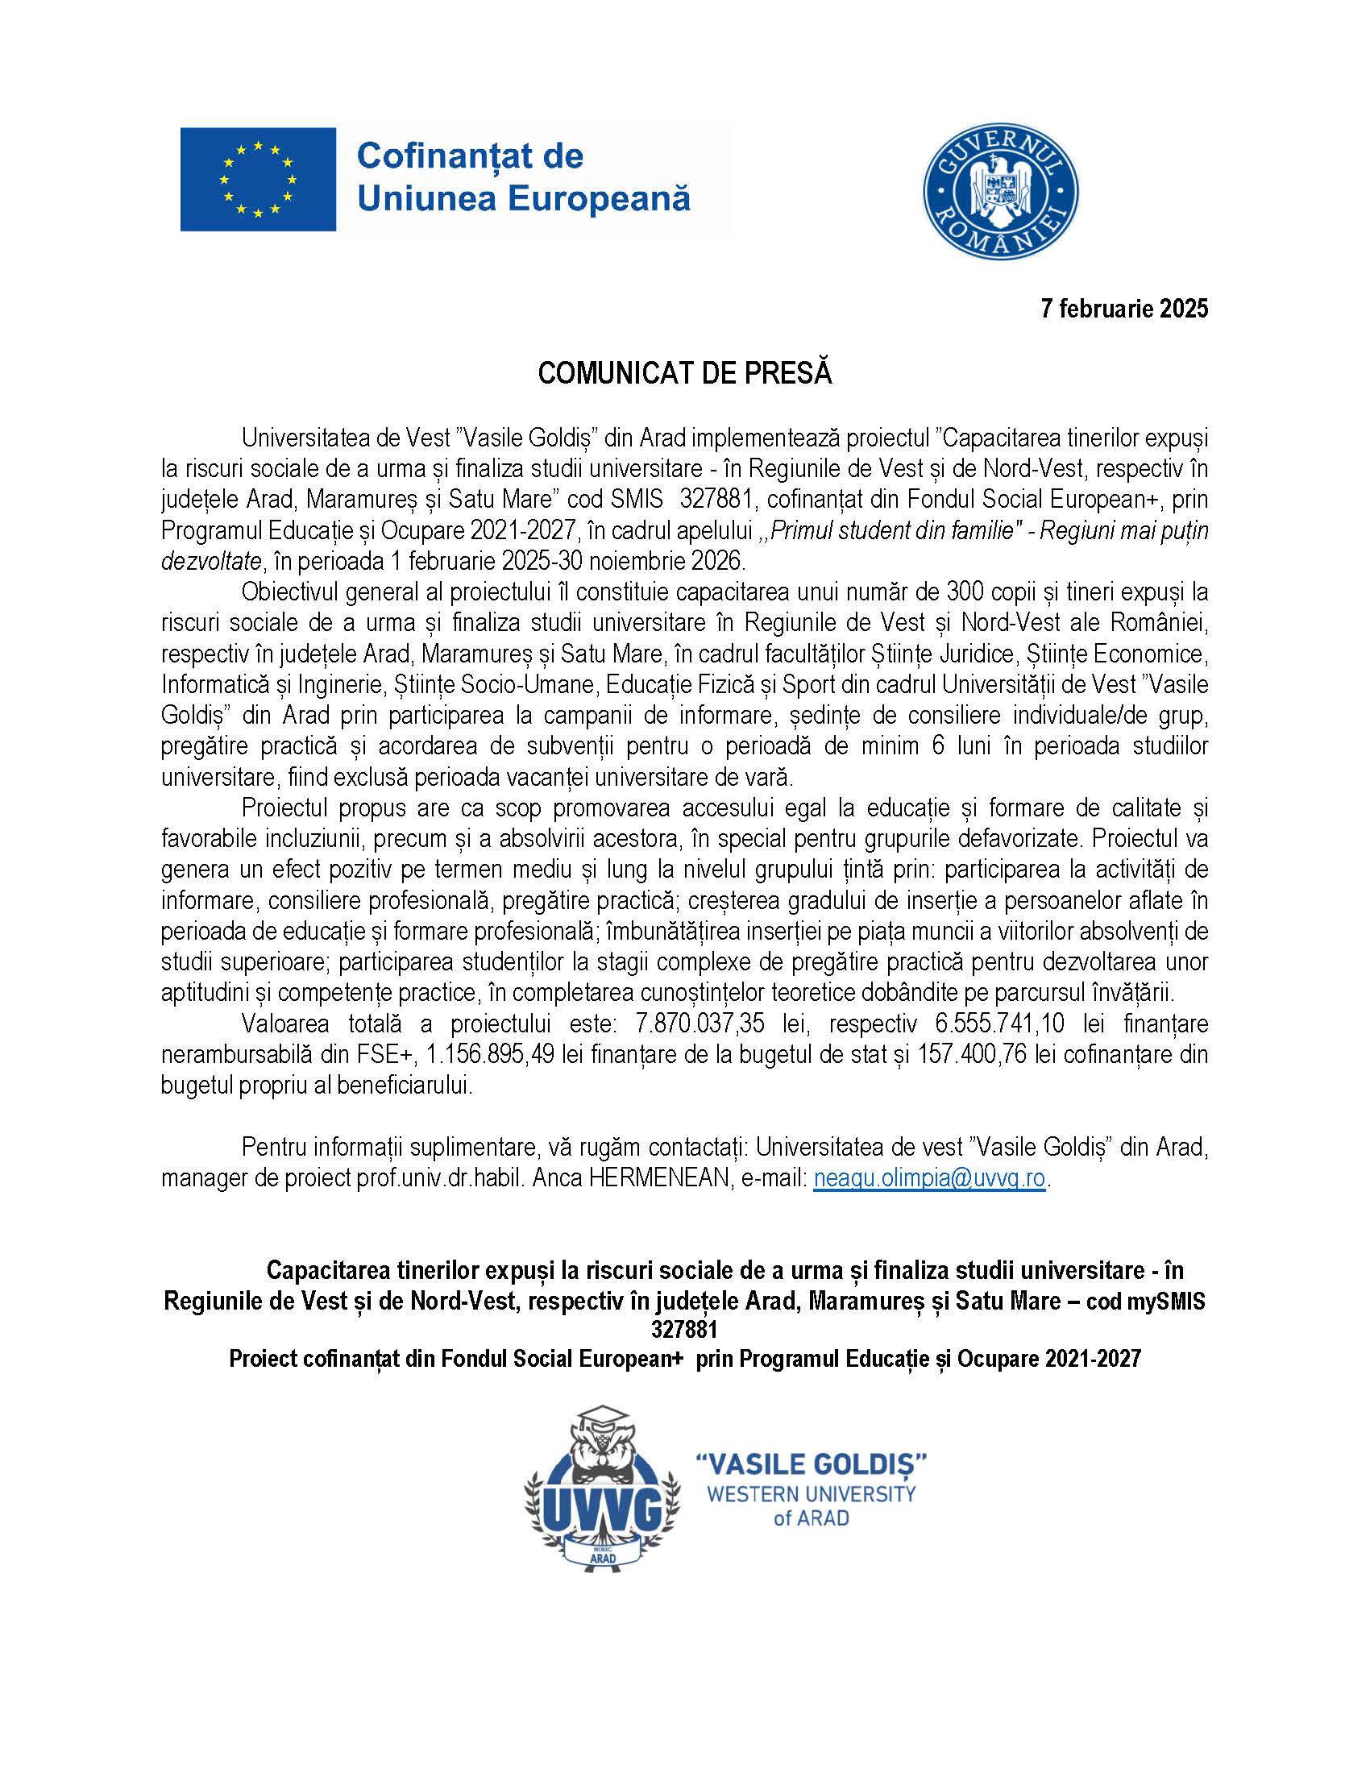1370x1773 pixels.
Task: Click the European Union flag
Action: pyautogui.click(x=258, y=180)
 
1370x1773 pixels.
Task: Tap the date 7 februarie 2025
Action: pyautogui.click(x=1125, y=309)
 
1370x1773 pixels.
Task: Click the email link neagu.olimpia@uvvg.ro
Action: pyautogui.click(x=929, y=1178)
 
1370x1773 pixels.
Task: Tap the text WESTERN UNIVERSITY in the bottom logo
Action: pyautogui.click(x=812, y=1494)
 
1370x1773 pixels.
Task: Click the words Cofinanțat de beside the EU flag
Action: pyautogui.click(x=470, y=156)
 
